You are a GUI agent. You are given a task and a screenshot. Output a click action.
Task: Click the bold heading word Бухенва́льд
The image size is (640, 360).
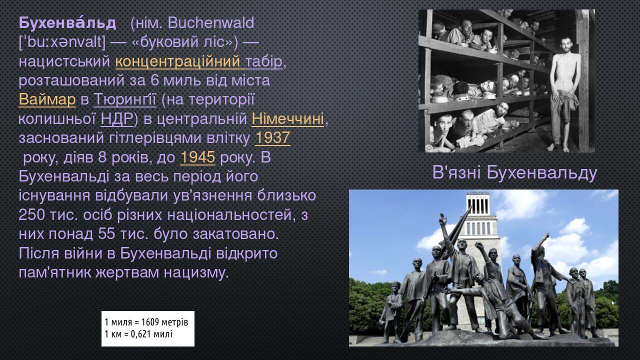(67, 23)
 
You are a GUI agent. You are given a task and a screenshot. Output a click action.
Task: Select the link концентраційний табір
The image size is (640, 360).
(199, 62)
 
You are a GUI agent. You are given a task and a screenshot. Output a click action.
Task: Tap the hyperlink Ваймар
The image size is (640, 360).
(47, 100)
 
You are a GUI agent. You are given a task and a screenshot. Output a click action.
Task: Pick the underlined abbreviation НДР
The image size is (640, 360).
(116, 119)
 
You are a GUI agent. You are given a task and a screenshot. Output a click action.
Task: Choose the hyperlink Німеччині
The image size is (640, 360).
(287, 119)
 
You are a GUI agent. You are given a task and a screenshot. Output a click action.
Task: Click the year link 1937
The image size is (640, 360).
(272, 138)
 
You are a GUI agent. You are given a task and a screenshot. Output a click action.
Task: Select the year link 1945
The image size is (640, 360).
(197, 158)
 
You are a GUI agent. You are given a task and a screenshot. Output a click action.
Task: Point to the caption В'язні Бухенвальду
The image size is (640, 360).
(514, 173)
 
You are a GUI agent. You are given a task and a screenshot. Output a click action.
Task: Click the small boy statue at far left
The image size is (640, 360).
(394, 307)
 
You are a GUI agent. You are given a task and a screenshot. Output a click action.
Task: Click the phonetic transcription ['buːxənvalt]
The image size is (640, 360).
(62, 42)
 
